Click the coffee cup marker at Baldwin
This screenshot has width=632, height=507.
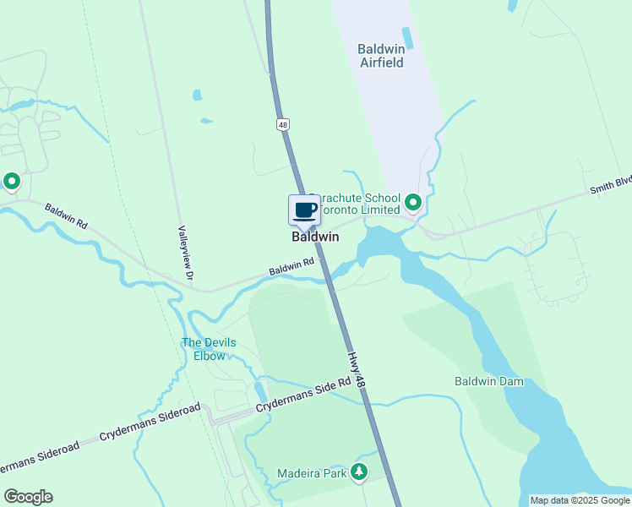click(304, 210)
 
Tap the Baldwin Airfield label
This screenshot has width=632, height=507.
click(381, 56)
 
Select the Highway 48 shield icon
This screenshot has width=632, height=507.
click(282, 124)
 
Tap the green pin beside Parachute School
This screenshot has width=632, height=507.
click(413, 202)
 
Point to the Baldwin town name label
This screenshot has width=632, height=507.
click(315, 237)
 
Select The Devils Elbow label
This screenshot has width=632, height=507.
click(209, 349)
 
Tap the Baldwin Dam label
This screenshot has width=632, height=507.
click(489, 381)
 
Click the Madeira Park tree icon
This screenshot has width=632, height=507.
click(359, 472)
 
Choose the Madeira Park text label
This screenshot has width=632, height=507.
click(312, 473)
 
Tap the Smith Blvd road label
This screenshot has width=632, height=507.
click(612, 183)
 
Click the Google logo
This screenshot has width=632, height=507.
click(28, 497)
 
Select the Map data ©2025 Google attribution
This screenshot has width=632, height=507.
click(580, 500)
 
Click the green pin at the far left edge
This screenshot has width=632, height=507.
click(12, 181)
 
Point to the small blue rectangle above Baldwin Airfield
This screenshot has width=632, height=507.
click(407, 37)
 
